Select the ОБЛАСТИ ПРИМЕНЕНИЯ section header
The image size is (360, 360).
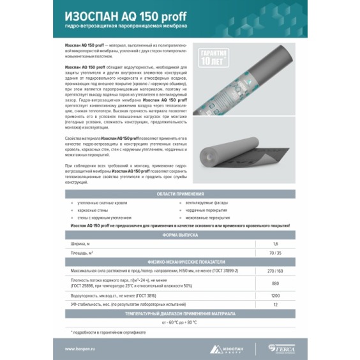coord(180,194)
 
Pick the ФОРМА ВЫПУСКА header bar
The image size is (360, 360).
coord(180,234)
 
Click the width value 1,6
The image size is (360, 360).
coord(276,244)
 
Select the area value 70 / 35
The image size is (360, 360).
coord(276,253)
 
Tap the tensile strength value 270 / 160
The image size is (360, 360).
coord(276,271)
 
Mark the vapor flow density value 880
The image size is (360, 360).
coord(276,283)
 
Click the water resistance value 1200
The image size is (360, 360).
coord(276,296)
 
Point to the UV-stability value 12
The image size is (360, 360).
coord(276,304)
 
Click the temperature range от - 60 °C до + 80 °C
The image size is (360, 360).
coord(180,322)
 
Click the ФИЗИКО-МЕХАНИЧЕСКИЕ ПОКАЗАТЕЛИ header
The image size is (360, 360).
coord(180,262)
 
